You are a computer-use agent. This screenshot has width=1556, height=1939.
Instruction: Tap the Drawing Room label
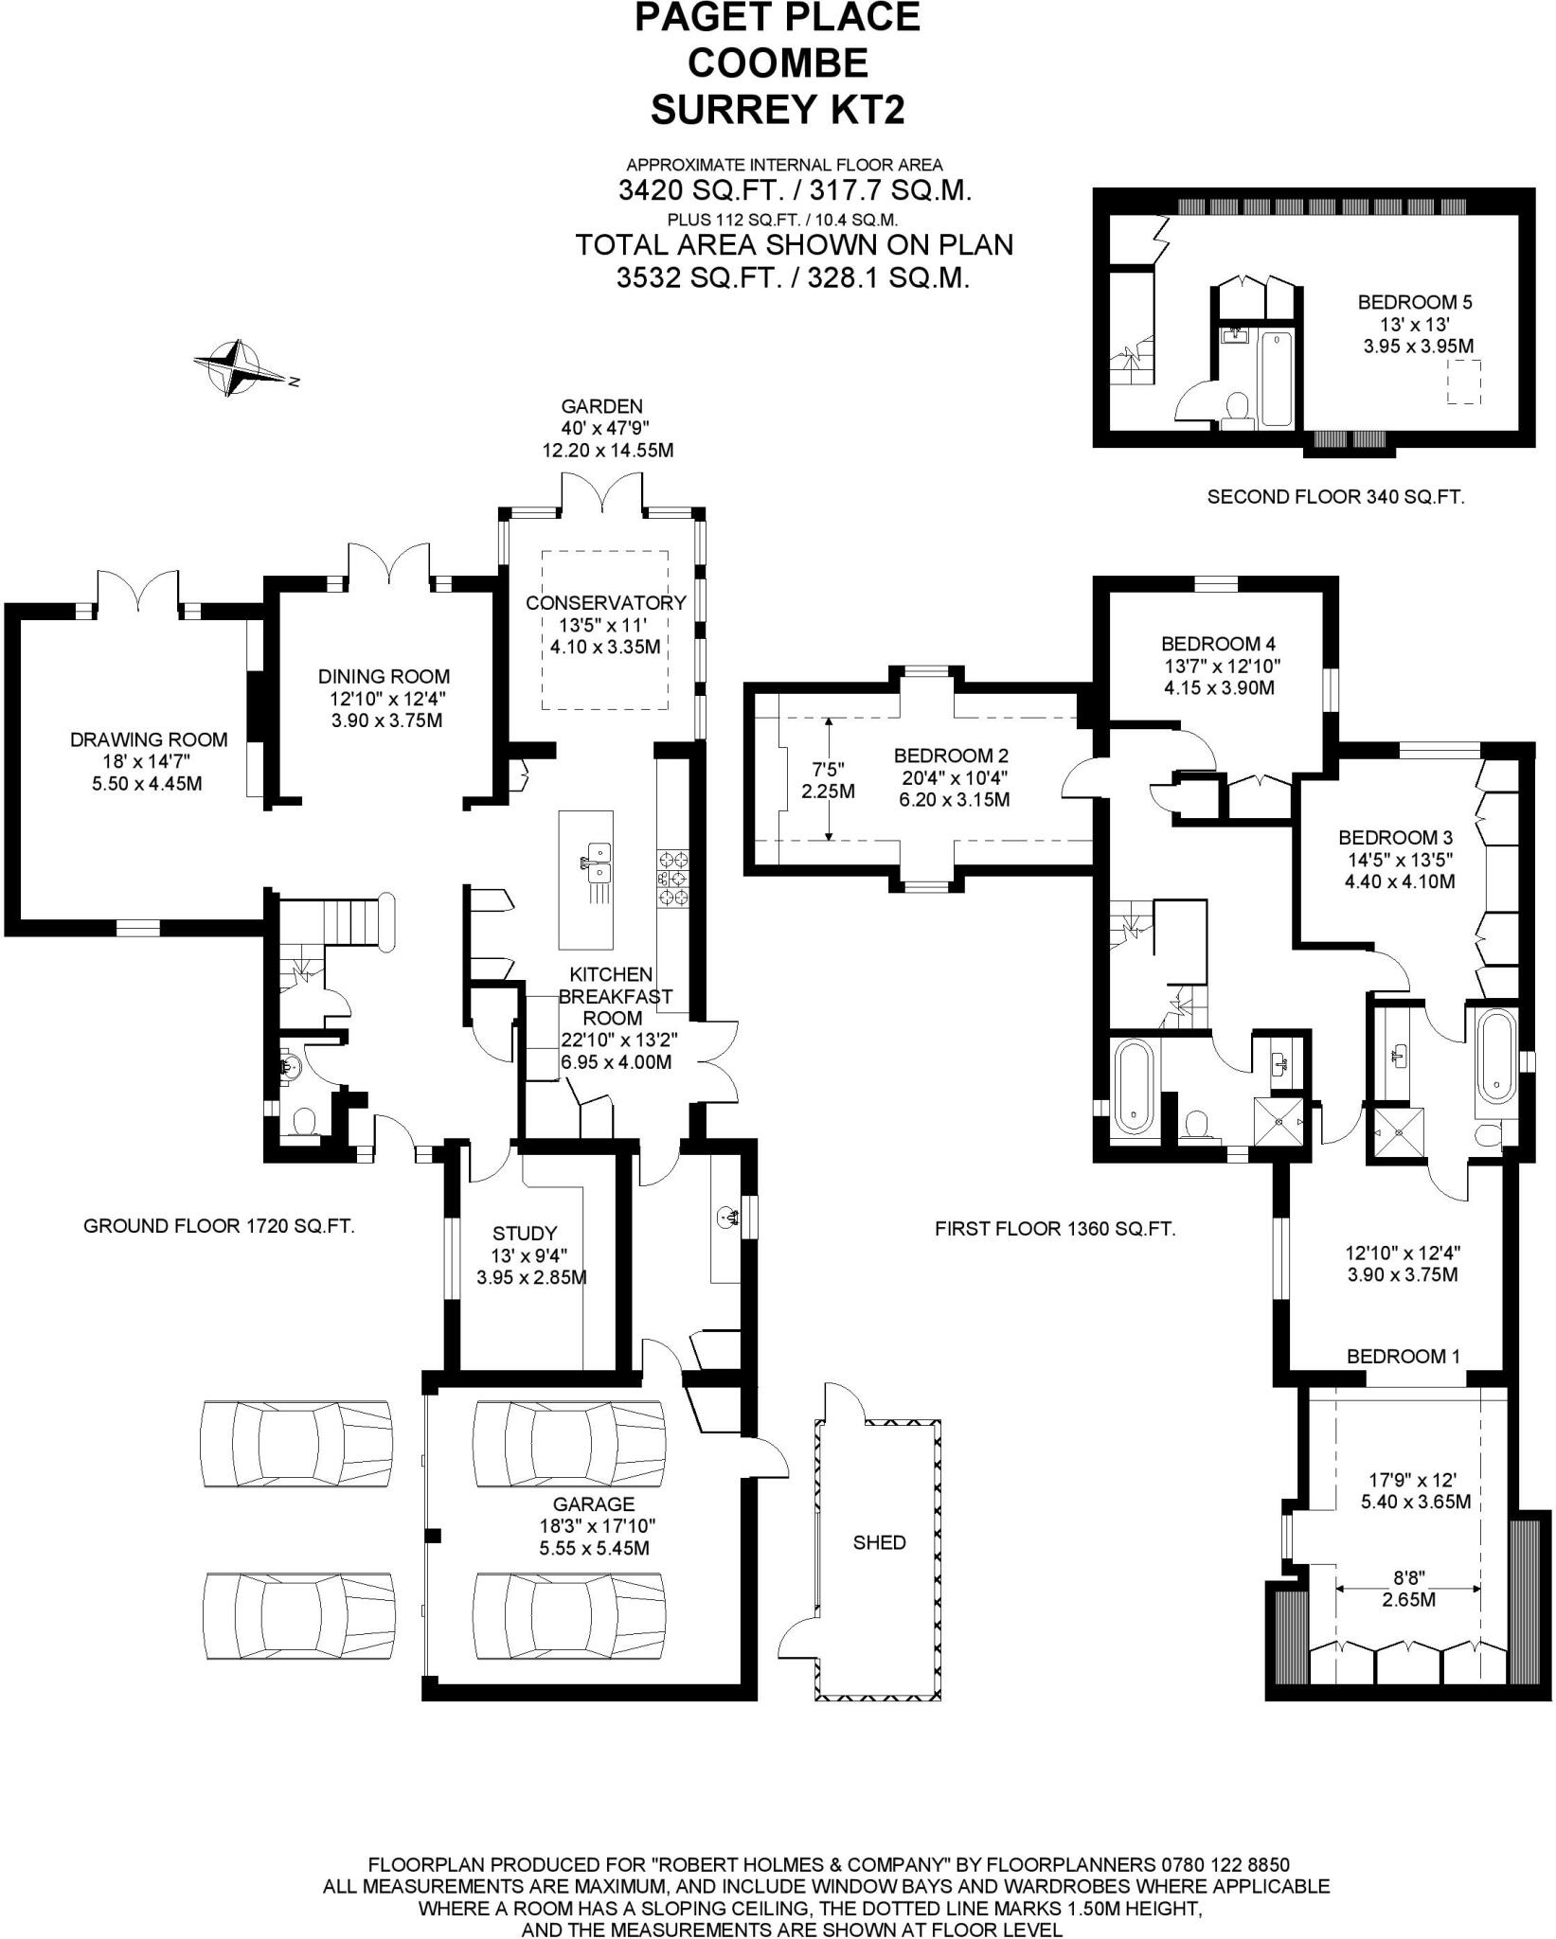(x=149, y=739)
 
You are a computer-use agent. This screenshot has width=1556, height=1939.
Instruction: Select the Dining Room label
(x=383, y=676)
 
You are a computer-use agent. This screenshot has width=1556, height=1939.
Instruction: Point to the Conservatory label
(x=605, y=603)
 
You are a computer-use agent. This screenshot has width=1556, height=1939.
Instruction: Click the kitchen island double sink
(x=597, y=863)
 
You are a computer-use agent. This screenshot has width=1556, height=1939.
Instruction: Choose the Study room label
(x=525, y=1233)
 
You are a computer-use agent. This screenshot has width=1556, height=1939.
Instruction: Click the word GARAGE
(x=594, y=1503)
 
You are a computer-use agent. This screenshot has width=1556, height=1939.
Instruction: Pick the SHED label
(x=879, y=1542)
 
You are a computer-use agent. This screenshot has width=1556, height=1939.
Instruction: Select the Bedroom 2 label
(x=951, y=756)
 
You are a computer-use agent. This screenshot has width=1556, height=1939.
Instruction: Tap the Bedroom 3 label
(x=1395, y=838)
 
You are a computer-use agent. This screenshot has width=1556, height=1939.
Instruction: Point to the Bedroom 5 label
(x=1415, y=303)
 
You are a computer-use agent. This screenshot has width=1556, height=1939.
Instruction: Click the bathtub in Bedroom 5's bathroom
(x=1275, y=378)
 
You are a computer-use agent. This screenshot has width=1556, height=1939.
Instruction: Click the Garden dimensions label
(x=606, y=428)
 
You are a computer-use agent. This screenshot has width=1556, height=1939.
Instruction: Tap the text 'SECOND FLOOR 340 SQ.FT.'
(x=1335, y=496)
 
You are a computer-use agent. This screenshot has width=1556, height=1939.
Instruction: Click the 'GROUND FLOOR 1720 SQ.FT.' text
(x=220, y=1226)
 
